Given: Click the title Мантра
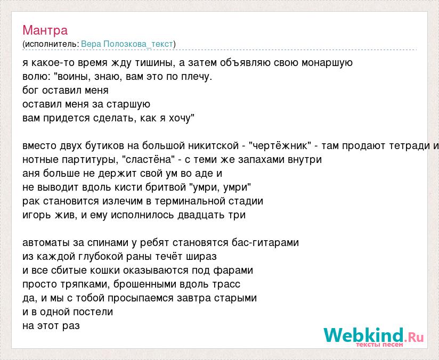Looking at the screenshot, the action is pos(45,30).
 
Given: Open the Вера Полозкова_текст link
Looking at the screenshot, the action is pos(127,44).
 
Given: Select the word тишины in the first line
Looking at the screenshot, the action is pos(155,63).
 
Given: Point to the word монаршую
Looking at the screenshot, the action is pos(327,63).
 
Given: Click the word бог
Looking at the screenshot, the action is pos(31,90).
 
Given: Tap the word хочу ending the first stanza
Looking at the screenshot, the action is pos(179,118).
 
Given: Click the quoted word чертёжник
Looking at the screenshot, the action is pos(280,146).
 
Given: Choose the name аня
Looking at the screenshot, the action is pos(31,174).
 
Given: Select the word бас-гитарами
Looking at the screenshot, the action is pos(265,243).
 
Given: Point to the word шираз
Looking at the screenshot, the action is pos(201,257).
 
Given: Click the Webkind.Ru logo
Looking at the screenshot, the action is pos(373,335).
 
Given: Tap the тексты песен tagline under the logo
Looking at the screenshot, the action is pos(379,345).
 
